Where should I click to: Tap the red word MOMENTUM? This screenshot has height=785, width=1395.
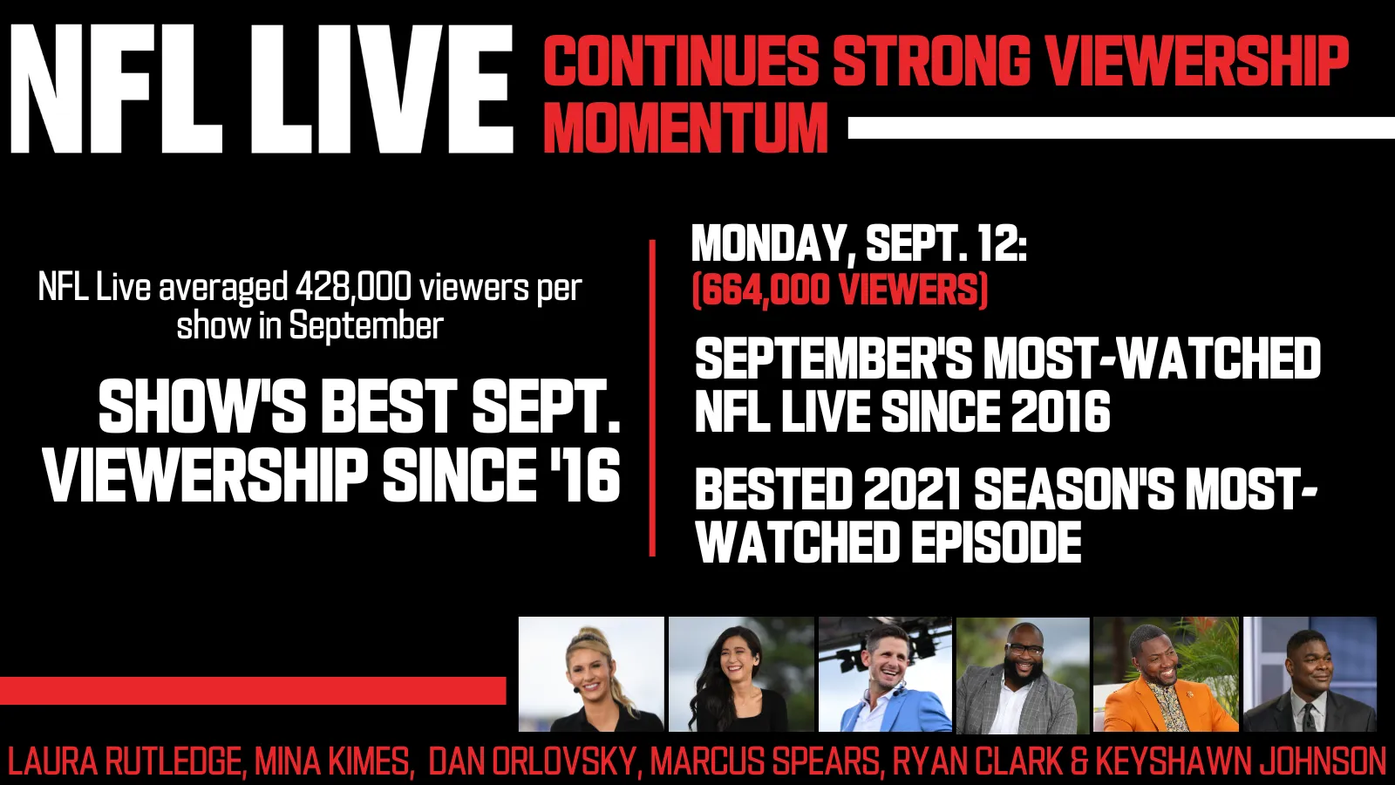(685, 127)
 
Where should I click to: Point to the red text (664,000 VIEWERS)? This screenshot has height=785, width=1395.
(840, 290)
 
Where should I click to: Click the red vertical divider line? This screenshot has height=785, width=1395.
(652, 398)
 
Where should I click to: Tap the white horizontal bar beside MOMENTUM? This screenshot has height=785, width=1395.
(1121, 127)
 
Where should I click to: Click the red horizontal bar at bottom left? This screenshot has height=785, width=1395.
(253, 690)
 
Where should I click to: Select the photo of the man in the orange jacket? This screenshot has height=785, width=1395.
(1166, 674)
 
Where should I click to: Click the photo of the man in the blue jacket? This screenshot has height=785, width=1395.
(885, 674)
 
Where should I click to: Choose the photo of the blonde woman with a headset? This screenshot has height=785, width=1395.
(591, 674)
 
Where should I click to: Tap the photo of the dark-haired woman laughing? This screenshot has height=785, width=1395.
(741, 674)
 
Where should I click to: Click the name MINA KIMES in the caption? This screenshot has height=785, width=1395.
(331, 761)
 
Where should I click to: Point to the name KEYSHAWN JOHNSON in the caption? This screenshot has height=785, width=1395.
(1240, 761)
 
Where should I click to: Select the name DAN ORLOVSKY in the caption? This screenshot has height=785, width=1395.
(532, 761)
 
